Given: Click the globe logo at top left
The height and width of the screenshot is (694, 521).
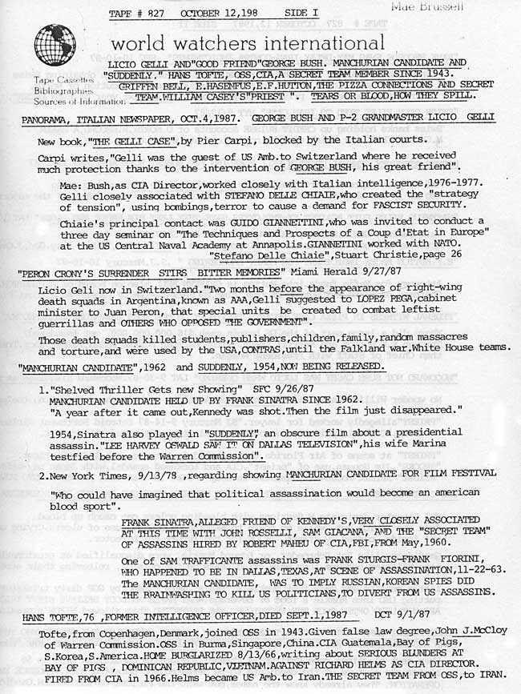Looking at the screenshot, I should pos(53,44).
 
